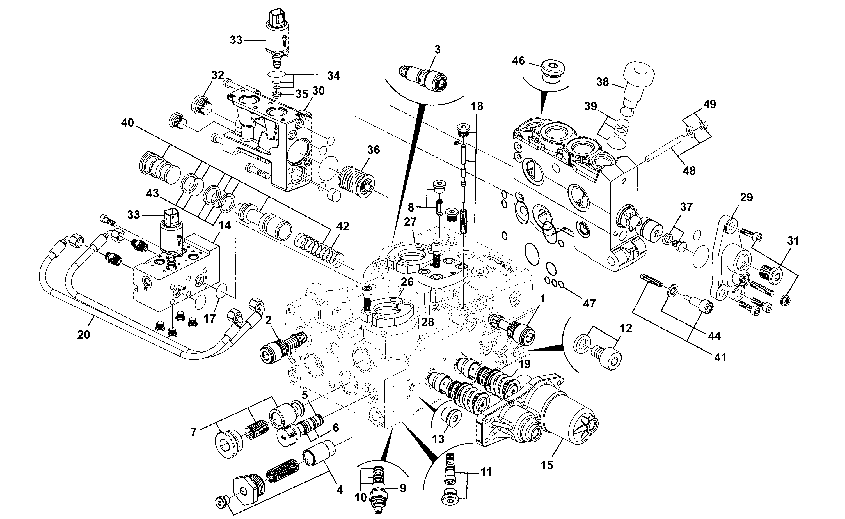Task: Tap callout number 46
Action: (518, 61)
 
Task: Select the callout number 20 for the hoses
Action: (83, 334)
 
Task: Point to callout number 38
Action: (603, 82)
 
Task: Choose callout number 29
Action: (746, 198)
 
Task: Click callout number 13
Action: (438, 439)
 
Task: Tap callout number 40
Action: (127, 123)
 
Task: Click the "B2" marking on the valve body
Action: (491, 299)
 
